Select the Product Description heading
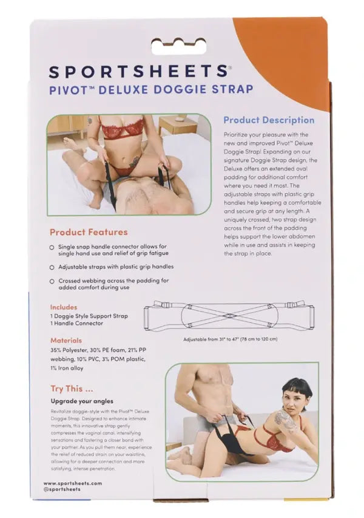tap(269, 120)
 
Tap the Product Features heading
tap(89, 232)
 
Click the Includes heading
tap(64, 307)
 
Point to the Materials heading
tap(66, 341)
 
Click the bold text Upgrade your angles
tap(86, 401)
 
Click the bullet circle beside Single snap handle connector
tap(52, 248)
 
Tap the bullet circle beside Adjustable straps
tap(52, 267)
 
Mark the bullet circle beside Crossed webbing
tap(52, 281)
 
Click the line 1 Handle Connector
tap(77, 323)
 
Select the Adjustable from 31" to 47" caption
tap(230, 339)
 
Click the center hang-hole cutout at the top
tap(181, 44)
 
